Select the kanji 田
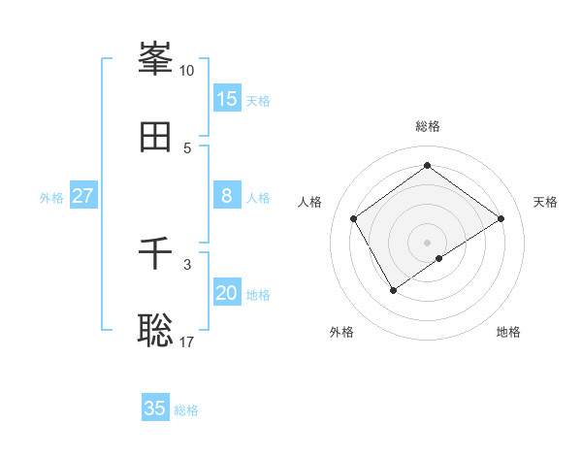[x=155, y=137]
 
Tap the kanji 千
[x=155, y=253]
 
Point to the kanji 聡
[x=155, y=331]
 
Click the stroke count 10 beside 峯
[x=187, y=71]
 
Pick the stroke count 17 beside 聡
[x=187, y=342]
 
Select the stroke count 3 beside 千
[x=187, y=264]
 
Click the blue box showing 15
[x=227, y=99]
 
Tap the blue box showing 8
[x=227, y=196]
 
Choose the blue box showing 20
[x=227, y=293]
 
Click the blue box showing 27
[x=82, y=196]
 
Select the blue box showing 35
[x=155, y=408]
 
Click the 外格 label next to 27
[x=51, y=198]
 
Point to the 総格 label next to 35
[x=187, y=410]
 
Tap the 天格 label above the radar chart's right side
[x=545, y=202]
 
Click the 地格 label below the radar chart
[x=508, y=332]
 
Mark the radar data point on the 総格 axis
[x=427, y=166]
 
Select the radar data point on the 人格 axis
[x=354, y=218]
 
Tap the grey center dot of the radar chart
[x=427, y=242]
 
